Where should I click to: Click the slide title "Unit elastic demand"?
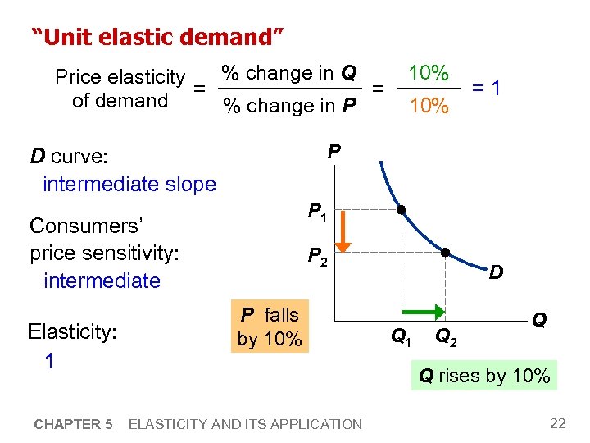point(157,36)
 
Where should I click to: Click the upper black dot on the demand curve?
point(402,210)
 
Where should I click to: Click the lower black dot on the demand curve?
point(445,252)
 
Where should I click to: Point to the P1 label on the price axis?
point(316,213)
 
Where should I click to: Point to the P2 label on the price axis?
point(316,257)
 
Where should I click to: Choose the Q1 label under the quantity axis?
point(400,335)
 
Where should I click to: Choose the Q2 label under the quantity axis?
point(447,335)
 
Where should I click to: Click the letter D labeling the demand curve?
point(497,271)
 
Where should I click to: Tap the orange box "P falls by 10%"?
point(269,327)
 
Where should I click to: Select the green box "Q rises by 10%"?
point(484,376)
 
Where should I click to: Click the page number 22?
point(557,423)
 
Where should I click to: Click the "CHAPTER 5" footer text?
point(73,424)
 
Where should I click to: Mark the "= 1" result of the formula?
point(486,88)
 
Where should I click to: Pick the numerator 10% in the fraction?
point(428,73)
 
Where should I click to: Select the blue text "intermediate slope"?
point(129,184)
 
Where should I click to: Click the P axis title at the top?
point(334,151)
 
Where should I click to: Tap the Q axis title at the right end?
point(539,319)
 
